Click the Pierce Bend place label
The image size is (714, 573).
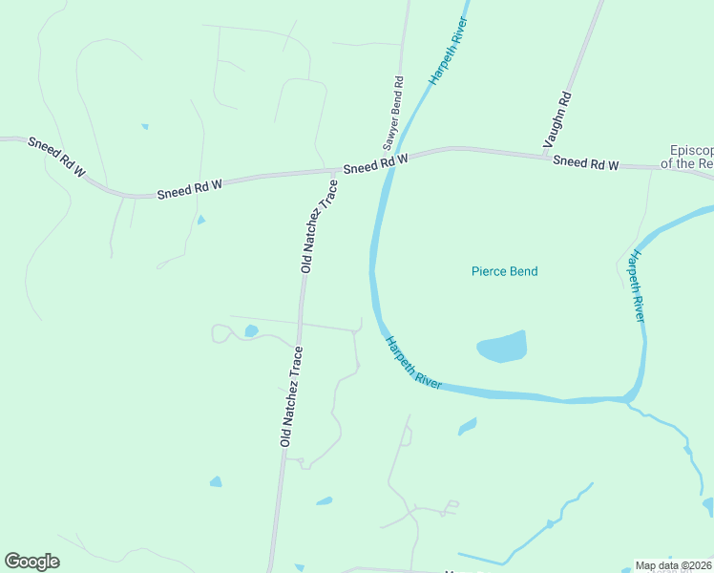pos(504,271)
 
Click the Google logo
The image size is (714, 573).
pos(31,562)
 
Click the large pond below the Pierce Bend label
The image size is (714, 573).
pos(503,347)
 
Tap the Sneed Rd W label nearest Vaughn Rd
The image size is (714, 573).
pos(585,163)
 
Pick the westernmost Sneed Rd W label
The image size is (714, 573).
pos(56,158)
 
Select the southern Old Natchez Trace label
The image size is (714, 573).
pos(291,396)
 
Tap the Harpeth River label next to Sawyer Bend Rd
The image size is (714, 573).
pos(448,51)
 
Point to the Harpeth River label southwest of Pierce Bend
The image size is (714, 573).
pos(412,362)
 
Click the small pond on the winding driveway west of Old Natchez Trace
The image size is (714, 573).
pos(251,331)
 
